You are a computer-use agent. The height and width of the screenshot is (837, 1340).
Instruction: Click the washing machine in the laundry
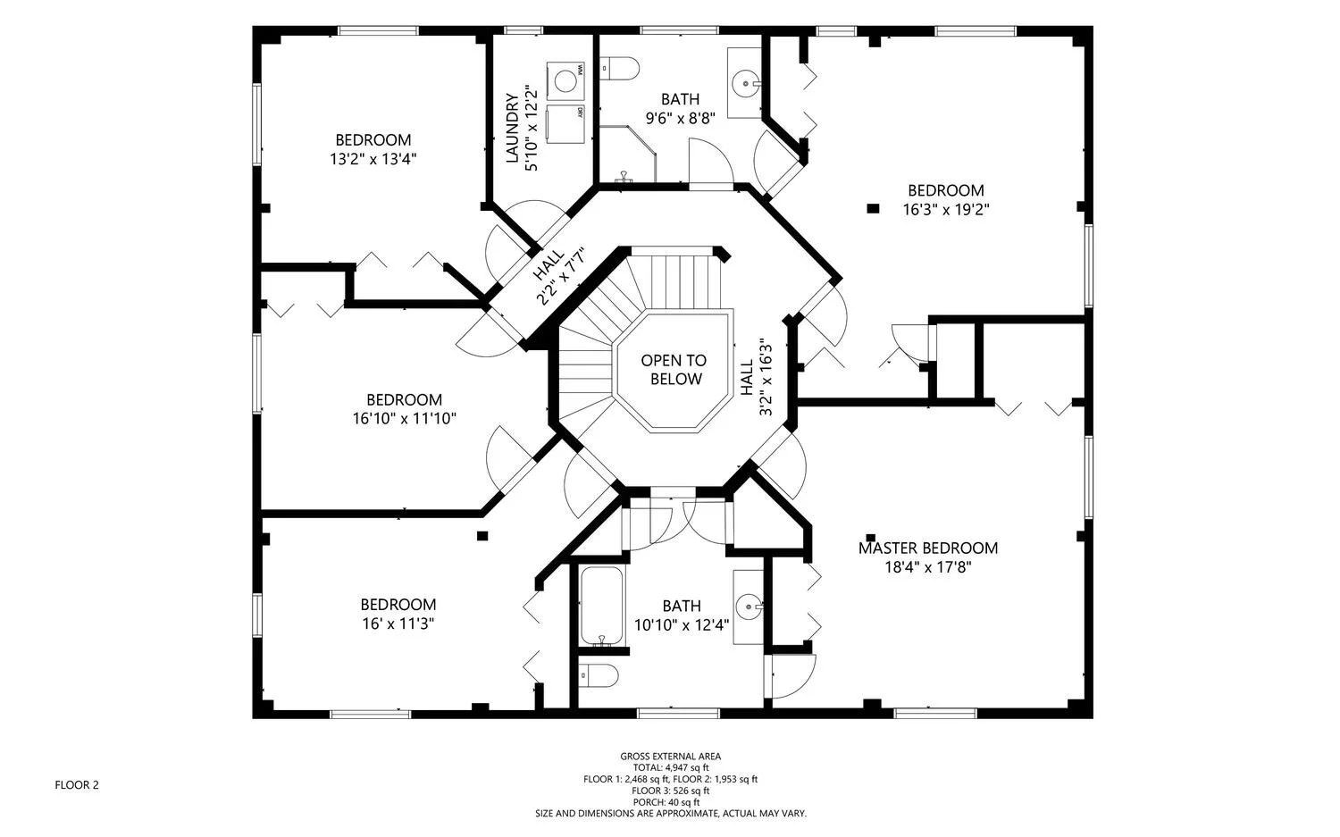coord(565,80)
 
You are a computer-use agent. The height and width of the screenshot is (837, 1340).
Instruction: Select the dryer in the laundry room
coord(565,124)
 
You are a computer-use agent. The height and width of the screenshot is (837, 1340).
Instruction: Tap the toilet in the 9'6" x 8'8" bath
coord(620,68)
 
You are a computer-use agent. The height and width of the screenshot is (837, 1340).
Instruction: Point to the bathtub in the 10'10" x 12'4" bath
coord(602,606)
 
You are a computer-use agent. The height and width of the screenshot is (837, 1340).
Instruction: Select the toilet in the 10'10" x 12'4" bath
coord(599,675)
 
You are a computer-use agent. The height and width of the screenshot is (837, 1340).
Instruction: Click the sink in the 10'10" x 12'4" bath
coord(750,607)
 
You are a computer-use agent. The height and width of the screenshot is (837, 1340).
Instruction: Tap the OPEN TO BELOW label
coord(674,370)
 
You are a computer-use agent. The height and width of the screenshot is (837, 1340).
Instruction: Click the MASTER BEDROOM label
coord(928,548)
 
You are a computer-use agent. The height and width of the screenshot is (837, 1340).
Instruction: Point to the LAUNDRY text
coord(512,128)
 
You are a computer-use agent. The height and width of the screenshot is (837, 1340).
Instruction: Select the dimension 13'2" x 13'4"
coord(373,159)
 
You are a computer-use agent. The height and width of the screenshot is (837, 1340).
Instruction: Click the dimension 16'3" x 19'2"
coord(946,209)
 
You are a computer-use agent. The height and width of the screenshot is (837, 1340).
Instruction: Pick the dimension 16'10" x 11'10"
coord(405,418)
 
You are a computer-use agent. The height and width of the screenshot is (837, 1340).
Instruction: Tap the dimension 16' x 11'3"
coord(398,624)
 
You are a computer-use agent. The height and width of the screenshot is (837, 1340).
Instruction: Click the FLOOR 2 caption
coord(77,785)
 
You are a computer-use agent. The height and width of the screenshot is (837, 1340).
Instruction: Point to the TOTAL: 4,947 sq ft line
coord(671,767)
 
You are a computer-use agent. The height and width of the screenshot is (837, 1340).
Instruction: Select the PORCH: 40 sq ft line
coord(666,802)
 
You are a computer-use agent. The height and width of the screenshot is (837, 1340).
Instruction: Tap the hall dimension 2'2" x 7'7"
coord(563,276)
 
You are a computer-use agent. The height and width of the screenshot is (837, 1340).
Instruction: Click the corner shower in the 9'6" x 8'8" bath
coord(627,154)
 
